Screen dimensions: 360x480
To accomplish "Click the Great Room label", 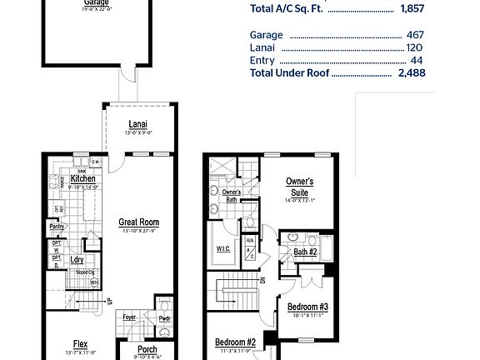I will tap(138, 222).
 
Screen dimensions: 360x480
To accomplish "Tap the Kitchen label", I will tap(82, 178).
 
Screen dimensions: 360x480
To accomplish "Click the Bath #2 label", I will tap(305, 251).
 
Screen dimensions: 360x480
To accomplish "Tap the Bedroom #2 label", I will tap(235, 342).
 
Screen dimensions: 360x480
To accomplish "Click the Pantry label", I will tap(57, 226).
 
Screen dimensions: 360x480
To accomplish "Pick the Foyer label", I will tap(130, 317).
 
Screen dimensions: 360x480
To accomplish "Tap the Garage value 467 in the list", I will tap(415, 35).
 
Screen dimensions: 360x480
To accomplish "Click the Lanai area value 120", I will tap(415, 47).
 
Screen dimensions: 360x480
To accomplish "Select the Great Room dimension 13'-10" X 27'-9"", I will tap(138, 231).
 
